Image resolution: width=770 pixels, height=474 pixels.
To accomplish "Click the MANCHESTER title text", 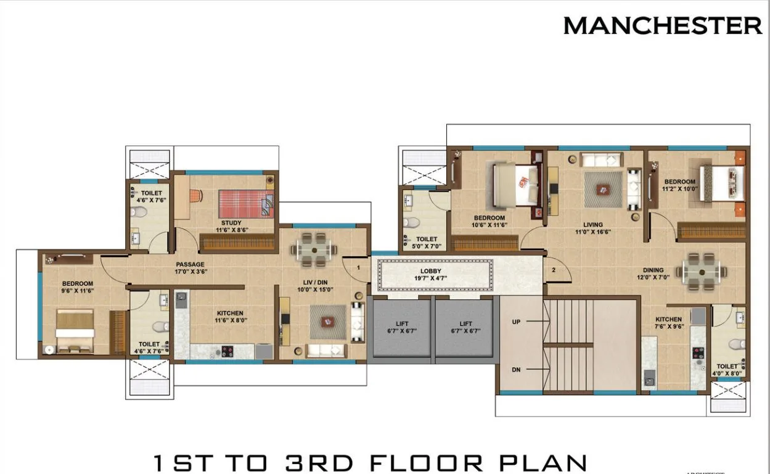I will (662, 26).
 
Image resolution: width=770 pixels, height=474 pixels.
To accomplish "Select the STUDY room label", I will (231, 223).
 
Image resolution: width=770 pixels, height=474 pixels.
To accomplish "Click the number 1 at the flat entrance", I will (359, 268).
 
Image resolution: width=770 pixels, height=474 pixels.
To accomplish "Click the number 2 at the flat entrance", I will (554, 270).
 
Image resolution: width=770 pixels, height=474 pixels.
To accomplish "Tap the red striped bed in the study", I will (245, 203).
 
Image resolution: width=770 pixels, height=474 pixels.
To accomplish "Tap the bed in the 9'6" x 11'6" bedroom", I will (75, 331).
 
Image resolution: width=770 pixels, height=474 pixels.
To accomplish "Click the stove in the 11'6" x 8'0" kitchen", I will (227, 351).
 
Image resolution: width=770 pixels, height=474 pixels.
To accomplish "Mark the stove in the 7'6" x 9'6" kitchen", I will (698, 354).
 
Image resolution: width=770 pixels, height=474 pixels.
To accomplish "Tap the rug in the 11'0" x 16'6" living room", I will (604, 190).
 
